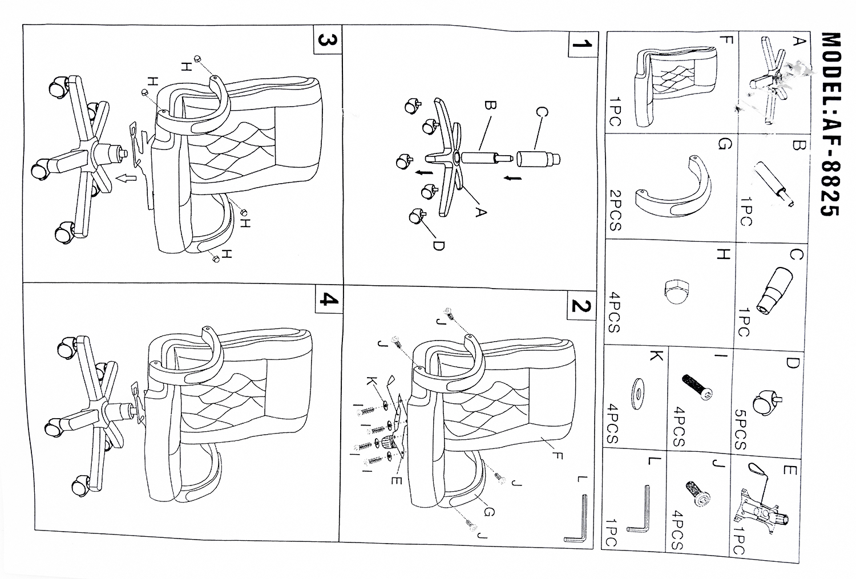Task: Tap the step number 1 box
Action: tap(581, 44)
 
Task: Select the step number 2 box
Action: tap(580, 306)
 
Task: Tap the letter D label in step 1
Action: tap(438, 245)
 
